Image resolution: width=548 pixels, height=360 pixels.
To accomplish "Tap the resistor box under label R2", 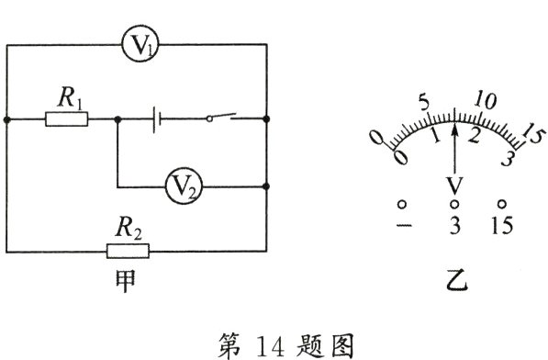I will (128, 251).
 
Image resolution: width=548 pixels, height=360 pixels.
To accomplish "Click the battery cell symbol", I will (160, 118).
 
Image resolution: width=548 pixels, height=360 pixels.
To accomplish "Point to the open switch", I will (219, 117).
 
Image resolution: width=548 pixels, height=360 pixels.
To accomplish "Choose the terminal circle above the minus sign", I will (402, 204).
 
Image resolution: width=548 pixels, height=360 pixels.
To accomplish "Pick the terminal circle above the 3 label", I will (454, 204).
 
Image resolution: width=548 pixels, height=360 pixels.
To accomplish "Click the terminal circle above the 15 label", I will (502, 204).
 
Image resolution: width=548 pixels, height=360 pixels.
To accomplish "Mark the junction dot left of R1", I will (7, 118).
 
